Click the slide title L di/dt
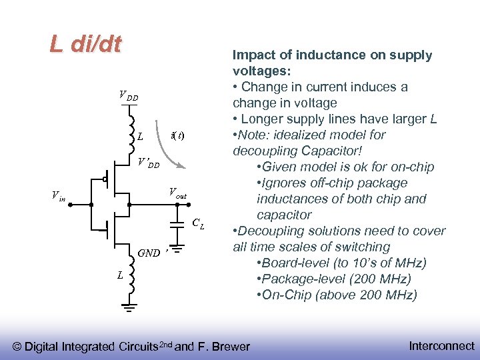(85, 45)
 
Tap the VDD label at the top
(128, 96)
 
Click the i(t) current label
(177, 136)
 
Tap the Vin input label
(59, 195)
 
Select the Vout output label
(177, 193)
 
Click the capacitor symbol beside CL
(177, 223)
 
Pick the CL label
(198, 224)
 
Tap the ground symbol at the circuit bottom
(129, 307)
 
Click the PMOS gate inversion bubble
(105, 179)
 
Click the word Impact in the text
(252, 55)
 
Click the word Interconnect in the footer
(441, 345)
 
